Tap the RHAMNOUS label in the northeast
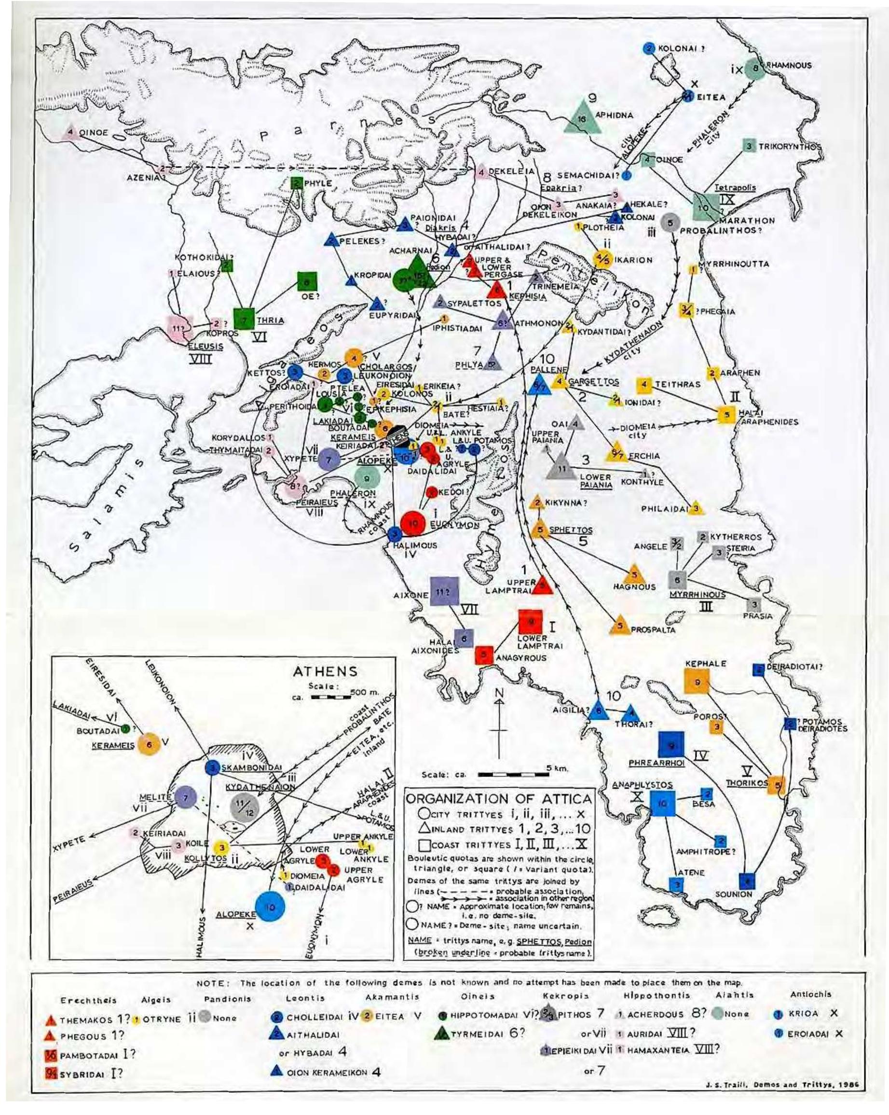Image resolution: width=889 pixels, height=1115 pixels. coord(789,65)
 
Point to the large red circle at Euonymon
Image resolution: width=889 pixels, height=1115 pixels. coord(413,524)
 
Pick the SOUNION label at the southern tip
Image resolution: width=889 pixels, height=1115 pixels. coord(733,893)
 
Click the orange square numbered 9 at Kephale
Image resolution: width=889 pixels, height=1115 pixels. coord(697,682)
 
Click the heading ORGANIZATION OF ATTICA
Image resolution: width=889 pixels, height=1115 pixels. coord(499,799)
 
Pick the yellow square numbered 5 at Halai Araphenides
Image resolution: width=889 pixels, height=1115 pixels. coord(726,414)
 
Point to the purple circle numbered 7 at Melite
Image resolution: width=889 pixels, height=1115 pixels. coord(186,797)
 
